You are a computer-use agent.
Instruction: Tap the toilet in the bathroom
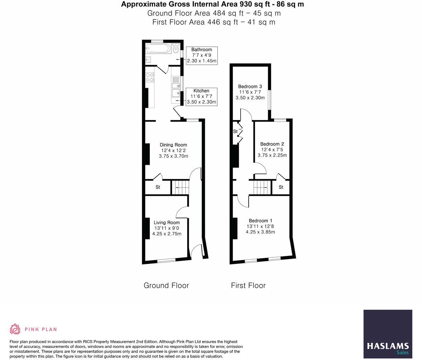[x=176, y=49]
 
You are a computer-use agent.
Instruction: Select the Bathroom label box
[x=202, y=55]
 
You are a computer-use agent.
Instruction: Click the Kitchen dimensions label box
[x=201, y=96]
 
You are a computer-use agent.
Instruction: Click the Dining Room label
[x=173, y=150]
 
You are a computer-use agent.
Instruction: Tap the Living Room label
[x=167, y=228]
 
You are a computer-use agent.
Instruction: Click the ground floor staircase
[x=180, y=187]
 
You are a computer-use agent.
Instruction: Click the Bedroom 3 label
[x=250, y=92]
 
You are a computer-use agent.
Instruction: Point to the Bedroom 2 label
[x=272, y=149]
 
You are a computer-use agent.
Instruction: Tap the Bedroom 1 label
[x=260, y=226]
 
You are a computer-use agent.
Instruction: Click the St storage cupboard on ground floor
[x=158, y=187]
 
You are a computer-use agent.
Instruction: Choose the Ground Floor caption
[x=166, y=285]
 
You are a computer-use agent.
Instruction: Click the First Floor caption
[x=248, y=285]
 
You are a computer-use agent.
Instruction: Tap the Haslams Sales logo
[x=388, y=334]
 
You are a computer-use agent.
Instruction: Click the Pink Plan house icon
[x=15, y=329]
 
